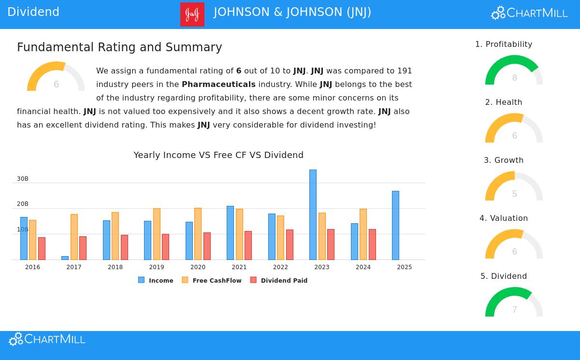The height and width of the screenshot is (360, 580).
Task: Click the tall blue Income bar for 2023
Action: pos(313,215)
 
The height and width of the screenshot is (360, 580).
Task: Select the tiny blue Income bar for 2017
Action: pos(65,258)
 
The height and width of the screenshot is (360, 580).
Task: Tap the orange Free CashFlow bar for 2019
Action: pos(157,234)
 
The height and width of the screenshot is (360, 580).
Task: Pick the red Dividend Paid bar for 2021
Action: pos(248,245)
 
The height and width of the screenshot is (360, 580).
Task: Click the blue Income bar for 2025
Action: pos(395,225)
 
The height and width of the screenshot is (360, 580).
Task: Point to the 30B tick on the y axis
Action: pos(23,179)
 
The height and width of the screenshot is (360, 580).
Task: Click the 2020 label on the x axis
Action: pos(198,267)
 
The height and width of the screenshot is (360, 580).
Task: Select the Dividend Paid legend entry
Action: pos(284,280)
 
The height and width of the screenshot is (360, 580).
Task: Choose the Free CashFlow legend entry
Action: pos(217,280)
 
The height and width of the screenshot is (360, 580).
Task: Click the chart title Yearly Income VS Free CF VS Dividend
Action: pos(218,155)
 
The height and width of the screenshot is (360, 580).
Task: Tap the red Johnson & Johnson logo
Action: pos(192,14)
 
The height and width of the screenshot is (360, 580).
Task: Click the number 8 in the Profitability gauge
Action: pos(514,78)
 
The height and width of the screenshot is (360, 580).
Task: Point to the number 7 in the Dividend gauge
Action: pos(514,310)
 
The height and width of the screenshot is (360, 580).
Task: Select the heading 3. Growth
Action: pos(504,160)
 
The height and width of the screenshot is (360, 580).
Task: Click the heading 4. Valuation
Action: pos(504,218)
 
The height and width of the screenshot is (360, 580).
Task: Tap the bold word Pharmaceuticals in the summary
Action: pos(218,84)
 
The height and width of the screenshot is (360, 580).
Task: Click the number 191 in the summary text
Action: pos(405,71)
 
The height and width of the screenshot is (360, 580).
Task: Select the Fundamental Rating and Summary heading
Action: pos(119,47)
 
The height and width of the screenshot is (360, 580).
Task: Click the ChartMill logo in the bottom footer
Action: pos(47,339)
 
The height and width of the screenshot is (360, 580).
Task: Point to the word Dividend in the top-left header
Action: pos(33,12)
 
